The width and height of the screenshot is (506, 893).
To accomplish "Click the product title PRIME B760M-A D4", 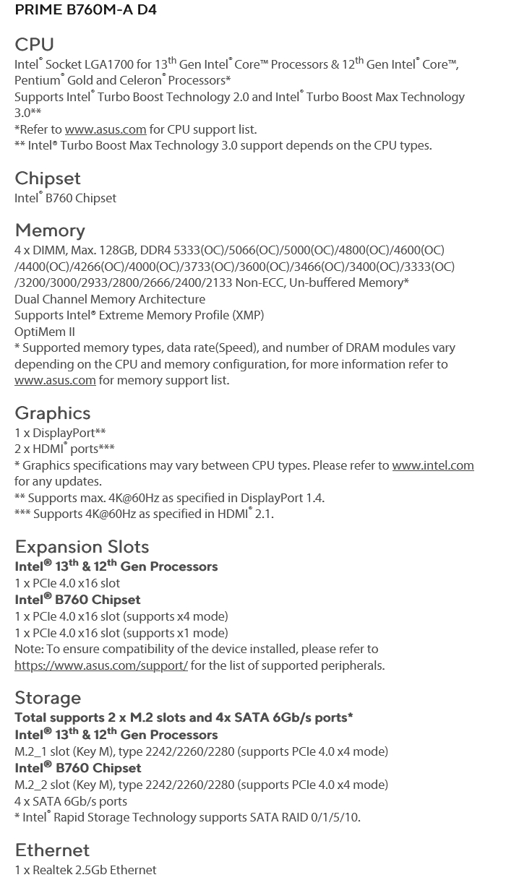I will (85, 9).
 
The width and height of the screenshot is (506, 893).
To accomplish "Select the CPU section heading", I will (34, 44).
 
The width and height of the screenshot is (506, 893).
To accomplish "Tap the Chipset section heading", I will (48, 178).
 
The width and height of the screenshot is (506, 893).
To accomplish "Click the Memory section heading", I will (50, 230).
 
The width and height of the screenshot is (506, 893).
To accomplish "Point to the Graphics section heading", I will (53, 413).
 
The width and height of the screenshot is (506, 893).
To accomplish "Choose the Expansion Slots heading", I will (82, 546).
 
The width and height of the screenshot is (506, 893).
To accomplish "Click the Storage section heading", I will (48, 697).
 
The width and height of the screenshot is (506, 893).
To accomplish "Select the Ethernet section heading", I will (52, 850).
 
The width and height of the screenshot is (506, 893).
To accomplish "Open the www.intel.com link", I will (433, 465).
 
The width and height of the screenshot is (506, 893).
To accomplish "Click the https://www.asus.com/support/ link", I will (101, 665).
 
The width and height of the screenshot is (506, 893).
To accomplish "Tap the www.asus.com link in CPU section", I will (106, 129).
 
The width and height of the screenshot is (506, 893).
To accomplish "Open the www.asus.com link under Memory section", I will (55, 380).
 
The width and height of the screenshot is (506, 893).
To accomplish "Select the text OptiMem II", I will (45, 332).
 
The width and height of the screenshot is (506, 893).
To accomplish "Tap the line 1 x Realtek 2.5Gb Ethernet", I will (85, 870).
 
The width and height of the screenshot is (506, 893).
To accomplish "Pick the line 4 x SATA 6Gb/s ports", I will (71, 801).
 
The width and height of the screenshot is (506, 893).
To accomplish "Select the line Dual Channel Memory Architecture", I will (110, 299).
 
